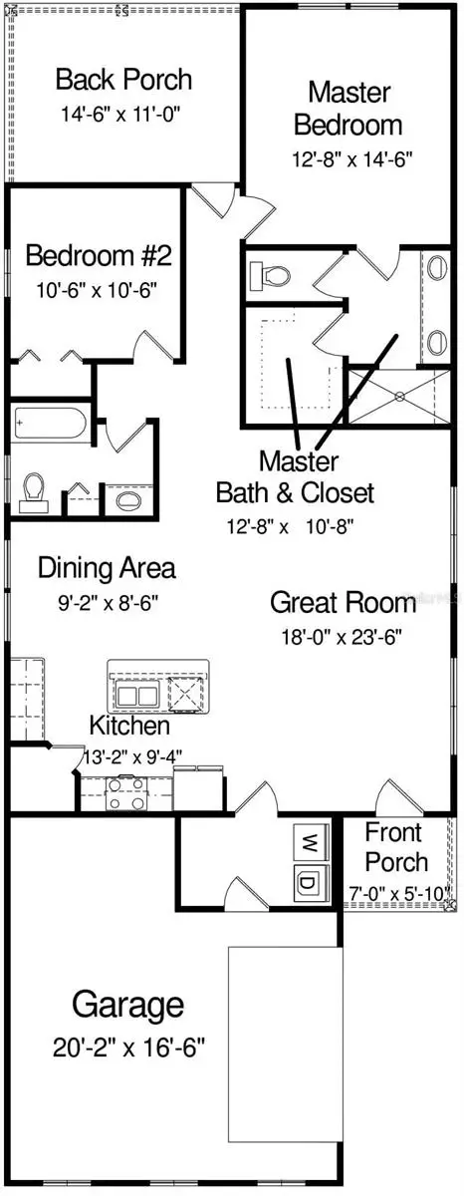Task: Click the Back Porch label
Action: [x=123, y=79]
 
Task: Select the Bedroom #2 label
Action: [x=99, y=256]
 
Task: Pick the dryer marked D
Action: [x=307, y=882]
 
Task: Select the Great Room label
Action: [x=343, y=602]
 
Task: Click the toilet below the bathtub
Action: [x=35, y=489]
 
